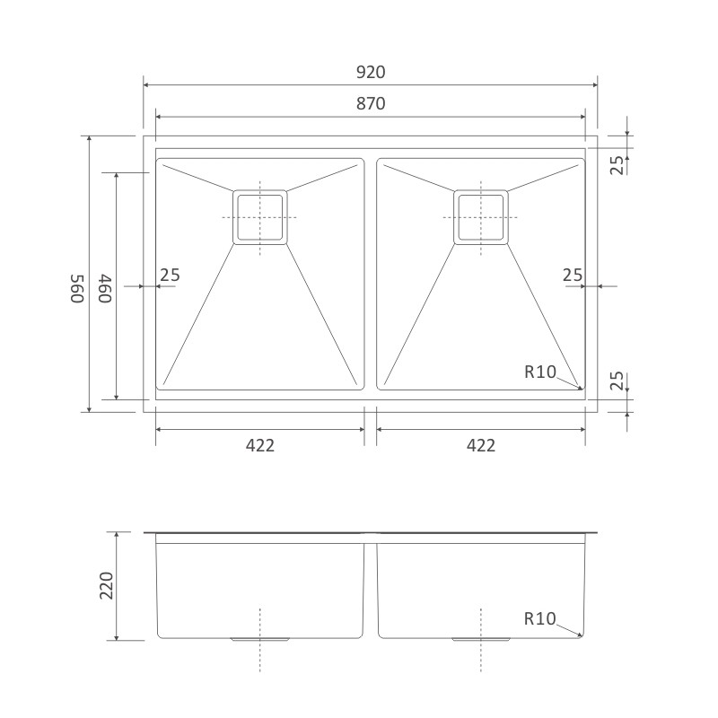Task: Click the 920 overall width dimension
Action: [371, 73]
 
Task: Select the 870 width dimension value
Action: [371, 104]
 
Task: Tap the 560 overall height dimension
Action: [77, 288]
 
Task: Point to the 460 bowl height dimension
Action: [105, 288]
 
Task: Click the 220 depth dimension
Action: [106, 586]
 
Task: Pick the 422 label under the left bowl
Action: [260, 445]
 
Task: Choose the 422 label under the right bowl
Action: [481, 445]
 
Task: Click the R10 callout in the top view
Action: [540, 372]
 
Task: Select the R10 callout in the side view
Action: [540, 619]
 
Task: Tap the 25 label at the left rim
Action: [170, 276]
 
